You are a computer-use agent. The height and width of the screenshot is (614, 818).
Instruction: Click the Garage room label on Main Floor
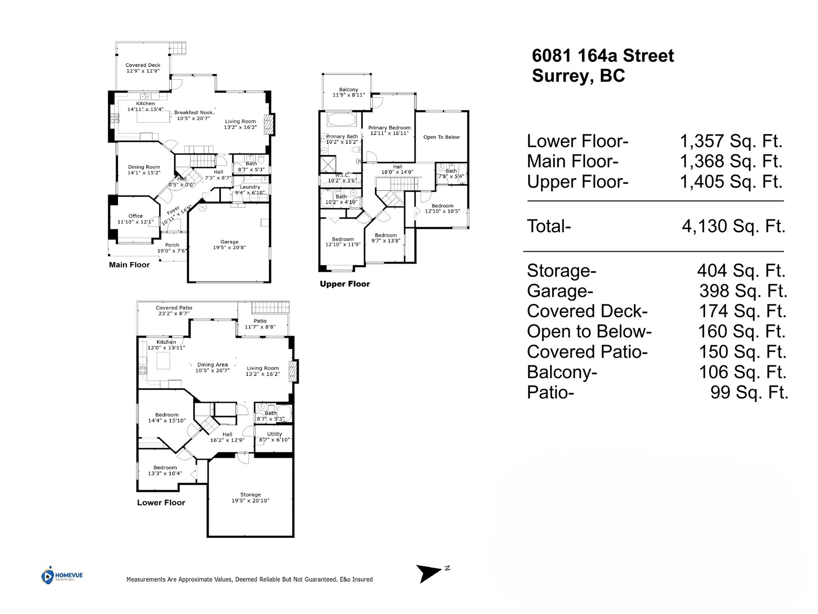tap(230, 242)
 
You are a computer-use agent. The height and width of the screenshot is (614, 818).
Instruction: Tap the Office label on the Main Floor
tap(135, 216)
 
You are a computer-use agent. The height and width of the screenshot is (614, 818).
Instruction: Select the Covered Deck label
tap(143, 65)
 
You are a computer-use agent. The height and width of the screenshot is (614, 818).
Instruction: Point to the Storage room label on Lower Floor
tap(251, 495)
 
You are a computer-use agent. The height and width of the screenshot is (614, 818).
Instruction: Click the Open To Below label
tap(441, 137)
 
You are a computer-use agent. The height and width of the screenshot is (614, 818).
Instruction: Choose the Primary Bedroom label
tap(389, 128)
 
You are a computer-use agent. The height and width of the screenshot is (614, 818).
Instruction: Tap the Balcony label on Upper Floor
tap(349, 90)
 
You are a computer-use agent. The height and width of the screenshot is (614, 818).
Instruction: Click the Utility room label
tap(275, 434)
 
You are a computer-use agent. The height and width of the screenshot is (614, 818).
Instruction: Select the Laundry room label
tap(250, 187)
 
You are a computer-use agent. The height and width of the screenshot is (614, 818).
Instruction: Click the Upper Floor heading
tap(345, 284)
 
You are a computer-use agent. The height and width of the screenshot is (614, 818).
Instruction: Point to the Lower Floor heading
tap(161, 502)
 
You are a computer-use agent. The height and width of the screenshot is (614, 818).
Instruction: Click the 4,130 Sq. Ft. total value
tap(733, 226)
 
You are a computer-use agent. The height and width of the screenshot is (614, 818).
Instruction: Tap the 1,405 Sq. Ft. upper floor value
tap(731, 182)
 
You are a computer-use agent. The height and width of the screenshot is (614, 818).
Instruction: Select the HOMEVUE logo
tap(62, 576)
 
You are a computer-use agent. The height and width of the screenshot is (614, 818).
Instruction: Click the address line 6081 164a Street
tap(603, 56)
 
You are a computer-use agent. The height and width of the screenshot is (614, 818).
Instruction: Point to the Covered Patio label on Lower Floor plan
tap(174, 308)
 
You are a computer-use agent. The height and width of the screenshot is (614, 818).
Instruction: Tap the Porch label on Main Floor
tap(172, 245)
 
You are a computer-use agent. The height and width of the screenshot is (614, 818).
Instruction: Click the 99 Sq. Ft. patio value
tap(749, 392)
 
